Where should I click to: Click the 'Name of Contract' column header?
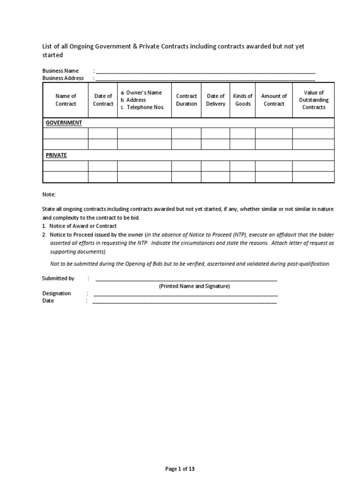click(x=66, y=100)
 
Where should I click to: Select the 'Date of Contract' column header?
click(x=103, y=100)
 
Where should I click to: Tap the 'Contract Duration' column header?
click(x=187, y=100)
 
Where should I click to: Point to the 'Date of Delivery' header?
click(x=216, y=100)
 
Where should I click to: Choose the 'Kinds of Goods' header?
click(x=243, y=100)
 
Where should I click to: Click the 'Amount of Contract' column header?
click(x=274, y=100)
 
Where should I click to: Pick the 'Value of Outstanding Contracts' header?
click(x=314, y=100)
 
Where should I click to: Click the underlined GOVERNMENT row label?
click(x=64, y=123)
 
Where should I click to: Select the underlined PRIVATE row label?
click(x=56, y=155)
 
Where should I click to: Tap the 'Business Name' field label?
click(x=60, y=71)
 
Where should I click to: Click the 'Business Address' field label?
click(x=63, y=78)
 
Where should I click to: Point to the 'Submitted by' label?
click(x=58, y=278)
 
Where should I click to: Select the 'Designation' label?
click(x=56, y=293)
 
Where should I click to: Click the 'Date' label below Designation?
click(x=48, y=301)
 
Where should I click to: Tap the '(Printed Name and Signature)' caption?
click(x=194, y=286)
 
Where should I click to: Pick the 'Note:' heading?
click(x=49, y=194)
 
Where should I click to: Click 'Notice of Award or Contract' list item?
click(x=83, y=226)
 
